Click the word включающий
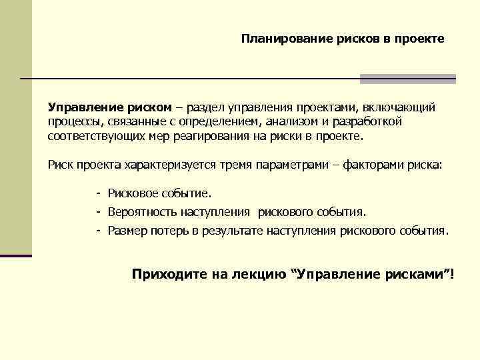click(x=402, y=107)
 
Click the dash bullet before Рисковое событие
click(x=98, y=193)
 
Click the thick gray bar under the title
click(x=407, y=79)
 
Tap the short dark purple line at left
click(x=16, y=255)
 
